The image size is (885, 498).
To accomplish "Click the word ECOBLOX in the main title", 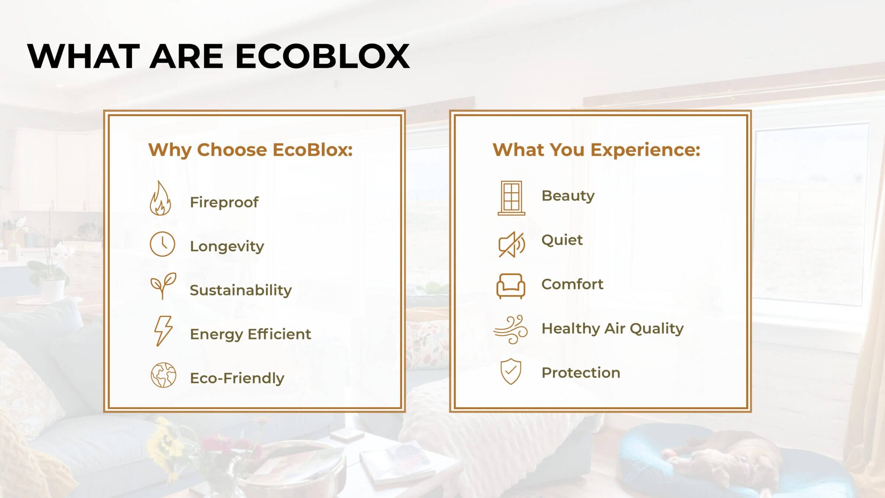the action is click(322, 56).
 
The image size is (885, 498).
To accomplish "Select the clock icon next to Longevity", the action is click(162, 244).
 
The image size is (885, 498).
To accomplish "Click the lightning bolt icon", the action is click(163, 331).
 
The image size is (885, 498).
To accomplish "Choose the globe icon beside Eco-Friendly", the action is click(163, 375).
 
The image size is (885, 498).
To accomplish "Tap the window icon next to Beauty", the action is click(511, 198).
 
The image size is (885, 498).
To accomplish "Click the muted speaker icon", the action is click(511, 245).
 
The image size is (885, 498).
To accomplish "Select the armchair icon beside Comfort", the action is click(511, 286).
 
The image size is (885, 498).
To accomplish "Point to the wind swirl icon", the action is click(511, 329).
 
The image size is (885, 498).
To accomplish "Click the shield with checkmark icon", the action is click(511, 371).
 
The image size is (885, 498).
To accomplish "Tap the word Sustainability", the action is click(241, 290).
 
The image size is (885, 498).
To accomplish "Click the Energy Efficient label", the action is click(250, 334).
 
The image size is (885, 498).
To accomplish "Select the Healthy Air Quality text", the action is click(612, 328).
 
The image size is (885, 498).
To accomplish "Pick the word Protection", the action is click(581, 373).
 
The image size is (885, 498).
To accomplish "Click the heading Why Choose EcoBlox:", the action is click(250, 150).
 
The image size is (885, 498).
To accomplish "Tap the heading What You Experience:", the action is click(596, 150).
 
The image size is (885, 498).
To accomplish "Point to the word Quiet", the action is click(562, 240).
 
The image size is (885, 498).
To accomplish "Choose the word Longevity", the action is click(227, 246).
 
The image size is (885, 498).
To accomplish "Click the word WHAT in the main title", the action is click(84, 56).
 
